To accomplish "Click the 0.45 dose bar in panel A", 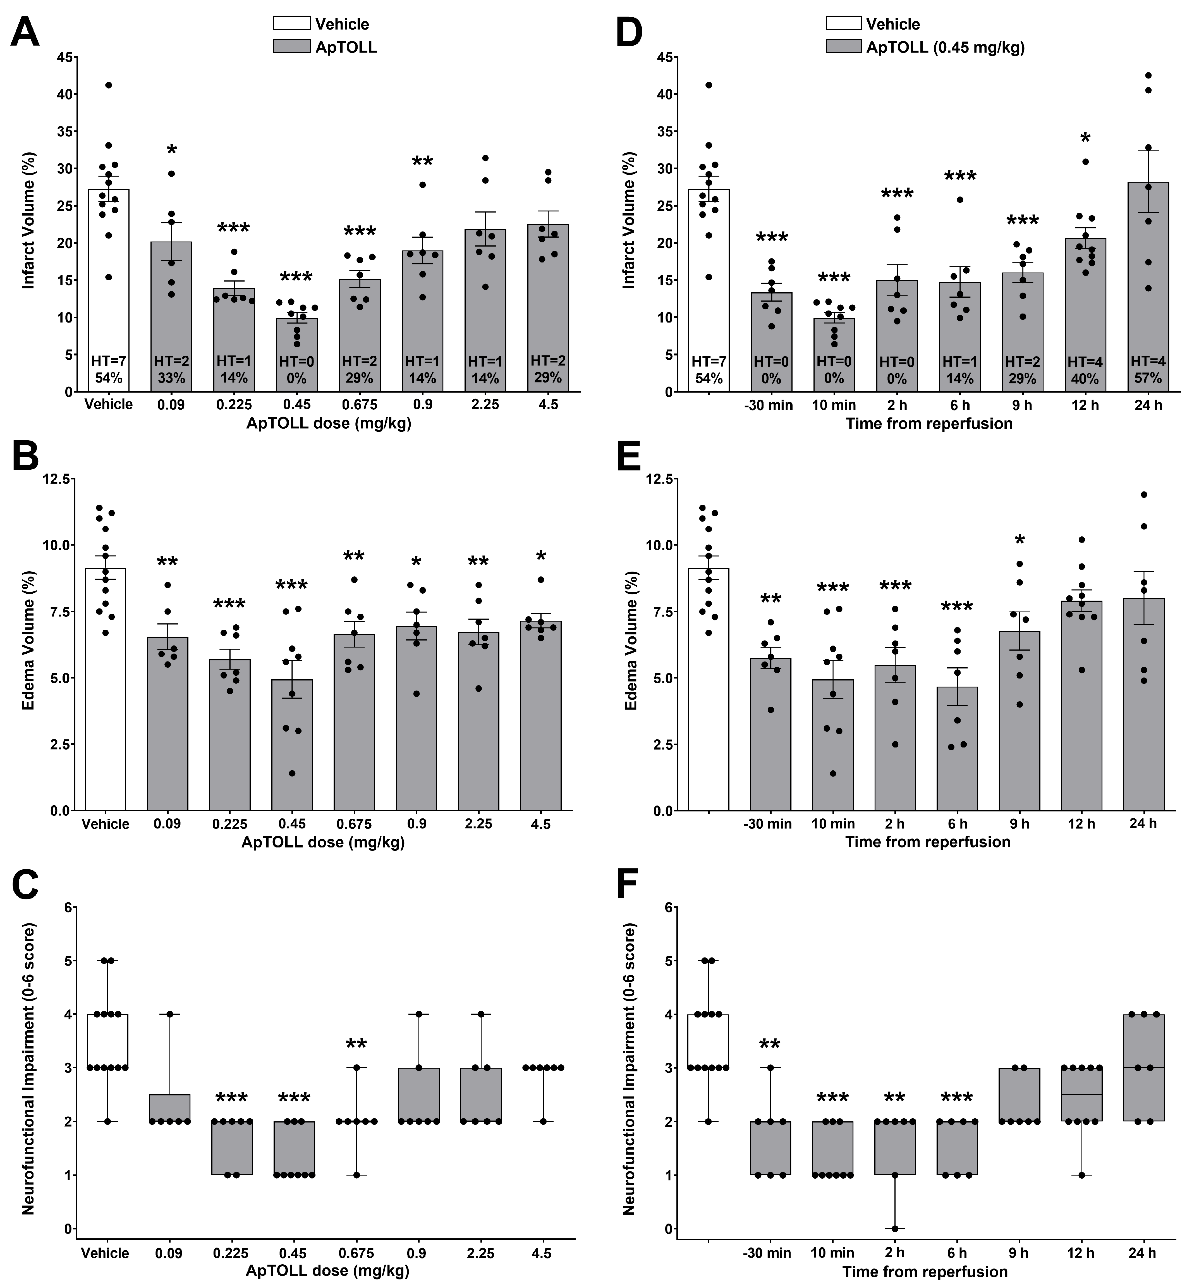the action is tap(297, 355).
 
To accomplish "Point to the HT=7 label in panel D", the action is tap(709, 362).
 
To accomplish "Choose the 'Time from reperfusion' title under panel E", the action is tap(927, 842).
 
